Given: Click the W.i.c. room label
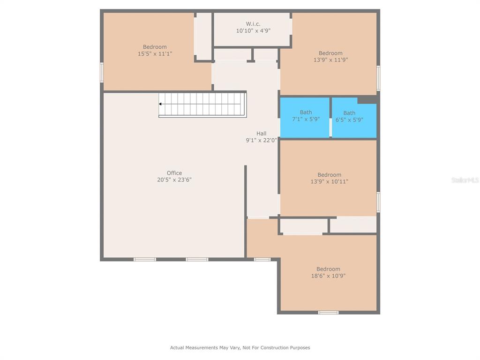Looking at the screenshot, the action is coord(253,23).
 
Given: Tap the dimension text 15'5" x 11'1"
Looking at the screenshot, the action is coord(155,54).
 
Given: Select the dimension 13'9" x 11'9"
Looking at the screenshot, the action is coord(330,60).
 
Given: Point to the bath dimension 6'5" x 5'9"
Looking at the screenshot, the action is coord(349,120).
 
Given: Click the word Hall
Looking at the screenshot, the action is coord(262,134).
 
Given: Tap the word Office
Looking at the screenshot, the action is coord(174,173).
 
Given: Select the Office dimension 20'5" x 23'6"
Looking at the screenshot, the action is coord(174,180).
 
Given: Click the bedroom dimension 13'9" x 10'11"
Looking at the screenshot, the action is coord(330,181).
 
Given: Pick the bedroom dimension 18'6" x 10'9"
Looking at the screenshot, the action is coord(328,276).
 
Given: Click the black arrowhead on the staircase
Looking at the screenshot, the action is coord(160,104).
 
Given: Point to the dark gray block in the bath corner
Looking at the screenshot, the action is coord(367,100).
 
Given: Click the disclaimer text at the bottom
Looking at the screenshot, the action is coord(240,347).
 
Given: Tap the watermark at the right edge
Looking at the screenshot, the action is coord(465,180).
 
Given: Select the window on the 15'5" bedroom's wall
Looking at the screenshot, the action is coord(102,73).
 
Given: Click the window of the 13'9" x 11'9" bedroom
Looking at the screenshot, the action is coord(378,78).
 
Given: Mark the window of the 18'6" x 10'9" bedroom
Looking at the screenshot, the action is coord(328,313).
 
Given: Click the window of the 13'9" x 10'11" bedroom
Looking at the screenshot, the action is coord(378,202).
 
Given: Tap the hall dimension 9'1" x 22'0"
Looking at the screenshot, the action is coord(262,141).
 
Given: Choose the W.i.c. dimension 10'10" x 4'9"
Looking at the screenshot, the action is coord(253,30).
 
